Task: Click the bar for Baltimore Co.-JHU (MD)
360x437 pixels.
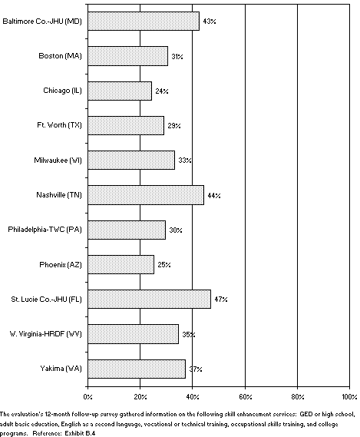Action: click(144, 21)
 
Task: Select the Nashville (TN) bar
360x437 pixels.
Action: click(146, 195)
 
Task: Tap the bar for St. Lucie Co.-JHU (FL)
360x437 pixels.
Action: click(150, 299)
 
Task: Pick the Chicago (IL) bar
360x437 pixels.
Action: click(120, 91)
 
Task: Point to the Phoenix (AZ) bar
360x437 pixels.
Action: click(121, 264)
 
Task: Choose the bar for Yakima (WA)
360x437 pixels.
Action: click(137, 369)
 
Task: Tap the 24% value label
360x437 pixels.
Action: click(161, 91)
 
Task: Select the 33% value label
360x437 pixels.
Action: click(185, 161)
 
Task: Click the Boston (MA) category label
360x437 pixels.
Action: click(60, 56)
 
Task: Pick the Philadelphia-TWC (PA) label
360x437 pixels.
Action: click(45, 230)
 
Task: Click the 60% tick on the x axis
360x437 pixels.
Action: click(244, 397)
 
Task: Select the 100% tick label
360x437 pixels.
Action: click(349, 397)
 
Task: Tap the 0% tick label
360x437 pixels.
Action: click(88, 397)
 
